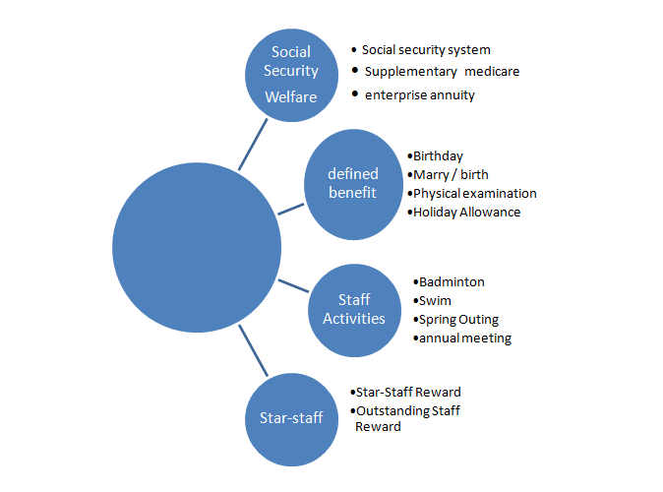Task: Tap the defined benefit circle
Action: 352,183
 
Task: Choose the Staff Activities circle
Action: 354,308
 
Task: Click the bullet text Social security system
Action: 426,49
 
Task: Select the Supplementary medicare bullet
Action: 442,72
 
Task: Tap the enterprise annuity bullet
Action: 420,95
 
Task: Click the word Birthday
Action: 438,156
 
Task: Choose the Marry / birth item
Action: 451,175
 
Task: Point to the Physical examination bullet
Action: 474,193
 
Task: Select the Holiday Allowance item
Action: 466,212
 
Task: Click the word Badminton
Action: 452,282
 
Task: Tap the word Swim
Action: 436,301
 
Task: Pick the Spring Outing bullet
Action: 459,320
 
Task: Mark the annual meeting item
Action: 464,338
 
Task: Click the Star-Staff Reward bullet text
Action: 407,392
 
